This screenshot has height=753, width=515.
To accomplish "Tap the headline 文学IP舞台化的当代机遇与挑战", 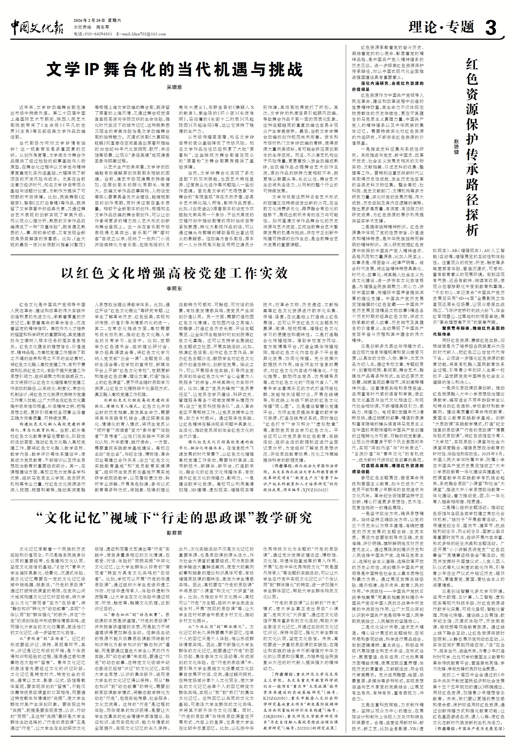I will [174, 69].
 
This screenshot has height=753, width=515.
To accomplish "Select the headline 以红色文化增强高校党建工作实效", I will [174, 273].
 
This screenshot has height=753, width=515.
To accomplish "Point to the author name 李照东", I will [174, 289].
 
